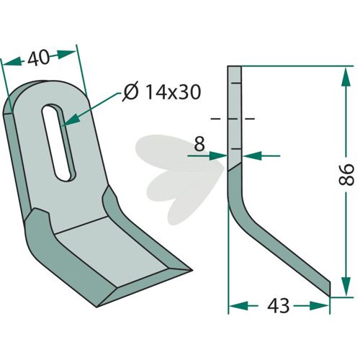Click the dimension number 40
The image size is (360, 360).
(38, 58)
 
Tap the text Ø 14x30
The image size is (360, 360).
(161, 92)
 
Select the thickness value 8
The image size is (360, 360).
(199, 145)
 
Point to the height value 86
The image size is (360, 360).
(346, 174)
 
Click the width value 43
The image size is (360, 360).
(279, 306)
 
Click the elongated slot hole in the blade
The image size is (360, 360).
(59, 143)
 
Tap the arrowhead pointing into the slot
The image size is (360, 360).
(71, 120)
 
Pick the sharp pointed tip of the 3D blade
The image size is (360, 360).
(192, 271)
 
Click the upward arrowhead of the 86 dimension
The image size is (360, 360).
(346, 77)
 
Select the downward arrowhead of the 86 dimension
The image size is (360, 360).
(346, 286)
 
